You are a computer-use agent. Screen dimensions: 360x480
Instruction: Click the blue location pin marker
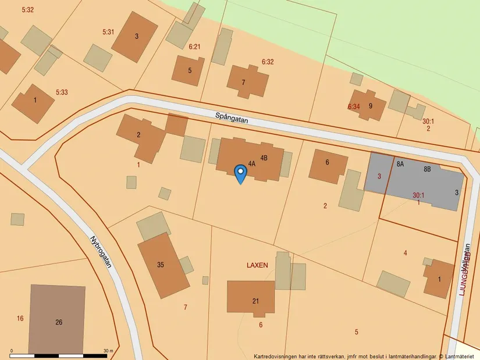[x=240, y=173]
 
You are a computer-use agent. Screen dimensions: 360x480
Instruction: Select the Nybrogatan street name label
[x=101, y=252]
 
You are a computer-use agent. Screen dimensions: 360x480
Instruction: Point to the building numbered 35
[x=162, y=265]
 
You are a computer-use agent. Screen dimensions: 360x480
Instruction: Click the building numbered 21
[x=251, y=298]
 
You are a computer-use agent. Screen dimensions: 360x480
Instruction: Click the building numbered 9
[x=368, y=105]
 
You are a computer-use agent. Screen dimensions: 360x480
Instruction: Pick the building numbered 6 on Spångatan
[x=328, y=165]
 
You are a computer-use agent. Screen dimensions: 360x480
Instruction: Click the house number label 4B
[x=264, y=158]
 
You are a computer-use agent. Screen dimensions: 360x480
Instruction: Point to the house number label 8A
[x=400, y=164]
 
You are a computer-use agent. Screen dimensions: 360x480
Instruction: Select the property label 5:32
[x=27, y=10]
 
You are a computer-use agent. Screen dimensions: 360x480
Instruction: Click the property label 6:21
[x=194, y=47]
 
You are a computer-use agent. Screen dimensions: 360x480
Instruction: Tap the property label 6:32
[x=268, y=61]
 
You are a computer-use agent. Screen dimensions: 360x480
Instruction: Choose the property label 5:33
[x=62, y=92]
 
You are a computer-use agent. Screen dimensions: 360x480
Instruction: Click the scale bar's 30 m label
[x=108, y=351]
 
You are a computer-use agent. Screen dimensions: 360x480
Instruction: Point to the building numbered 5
[x=189, y=71]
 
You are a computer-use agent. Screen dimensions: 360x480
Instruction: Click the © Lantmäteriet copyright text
[x=460, y=356]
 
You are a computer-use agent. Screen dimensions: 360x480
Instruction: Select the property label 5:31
[x=108, y=32]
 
